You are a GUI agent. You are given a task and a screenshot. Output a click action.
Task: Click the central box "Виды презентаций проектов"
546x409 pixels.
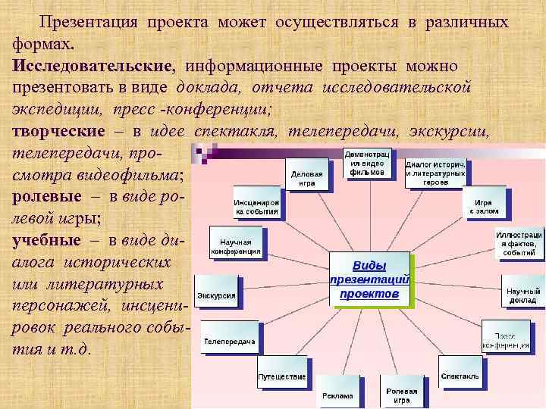369,279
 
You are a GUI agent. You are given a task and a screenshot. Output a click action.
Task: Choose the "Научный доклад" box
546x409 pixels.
524,294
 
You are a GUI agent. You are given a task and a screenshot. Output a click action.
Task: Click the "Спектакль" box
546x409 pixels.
460,376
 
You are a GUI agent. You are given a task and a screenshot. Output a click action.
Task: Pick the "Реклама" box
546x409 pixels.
337,395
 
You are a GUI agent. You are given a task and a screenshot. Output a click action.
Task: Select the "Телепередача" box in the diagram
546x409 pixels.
228,342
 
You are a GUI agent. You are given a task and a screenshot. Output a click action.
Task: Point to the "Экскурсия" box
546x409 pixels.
217,295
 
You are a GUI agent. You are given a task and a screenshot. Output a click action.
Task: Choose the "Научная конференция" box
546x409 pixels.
236,246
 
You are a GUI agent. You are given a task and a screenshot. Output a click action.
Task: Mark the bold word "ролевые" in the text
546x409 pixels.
45,196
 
